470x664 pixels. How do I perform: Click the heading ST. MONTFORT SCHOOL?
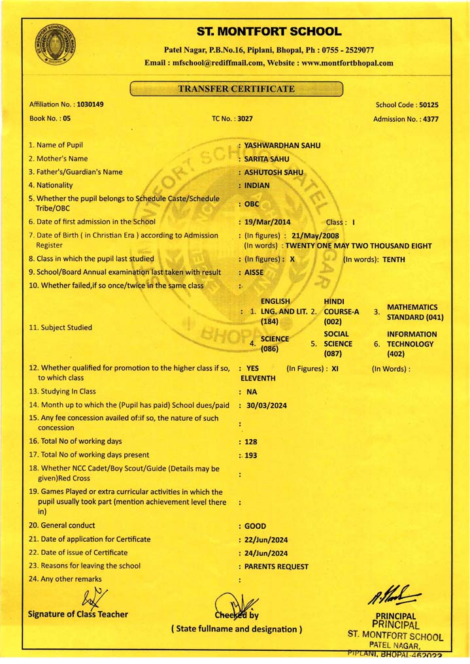(269, 31)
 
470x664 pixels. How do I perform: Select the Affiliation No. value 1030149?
(90, 105)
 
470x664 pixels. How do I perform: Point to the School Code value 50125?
(428, 105)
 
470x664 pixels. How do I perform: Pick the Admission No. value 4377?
(430, 119)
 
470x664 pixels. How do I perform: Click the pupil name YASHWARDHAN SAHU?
(282, 145)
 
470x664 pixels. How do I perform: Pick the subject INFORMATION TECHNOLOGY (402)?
(411, 344)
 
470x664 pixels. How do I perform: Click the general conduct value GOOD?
(255, 526)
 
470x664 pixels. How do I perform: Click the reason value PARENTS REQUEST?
(276, 567)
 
